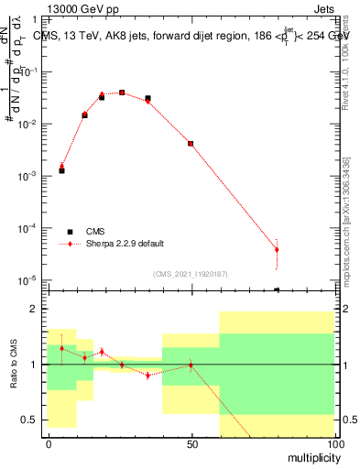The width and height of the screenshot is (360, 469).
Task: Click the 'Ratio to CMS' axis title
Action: (15, 365)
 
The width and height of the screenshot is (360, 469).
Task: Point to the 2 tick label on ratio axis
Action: (35, 310)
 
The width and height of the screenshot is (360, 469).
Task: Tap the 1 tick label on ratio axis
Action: (35, 365)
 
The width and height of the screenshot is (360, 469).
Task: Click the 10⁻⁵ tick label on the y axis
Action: (29, 279)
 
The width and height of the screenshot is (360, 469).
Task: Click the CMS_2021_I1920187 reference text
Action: (190, 272)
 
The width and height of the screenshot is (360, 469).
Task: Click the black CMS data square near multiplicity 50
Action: (191, 143)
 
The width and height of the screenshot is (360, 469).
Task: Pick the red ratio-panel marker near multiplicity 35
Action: (147, 376)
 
